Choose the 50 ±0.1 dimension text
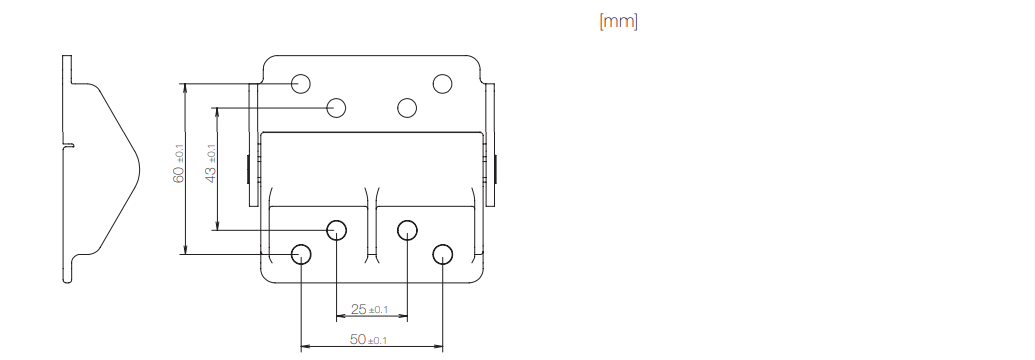370,341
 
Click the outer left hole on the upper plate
301,83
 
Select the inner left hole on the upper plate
337,107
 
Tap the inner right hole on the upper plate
407,107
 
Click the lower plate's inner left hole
337,230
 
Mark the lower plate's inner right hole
407,230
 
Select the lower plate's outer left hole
301,253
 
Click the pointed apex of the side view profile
136,166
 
